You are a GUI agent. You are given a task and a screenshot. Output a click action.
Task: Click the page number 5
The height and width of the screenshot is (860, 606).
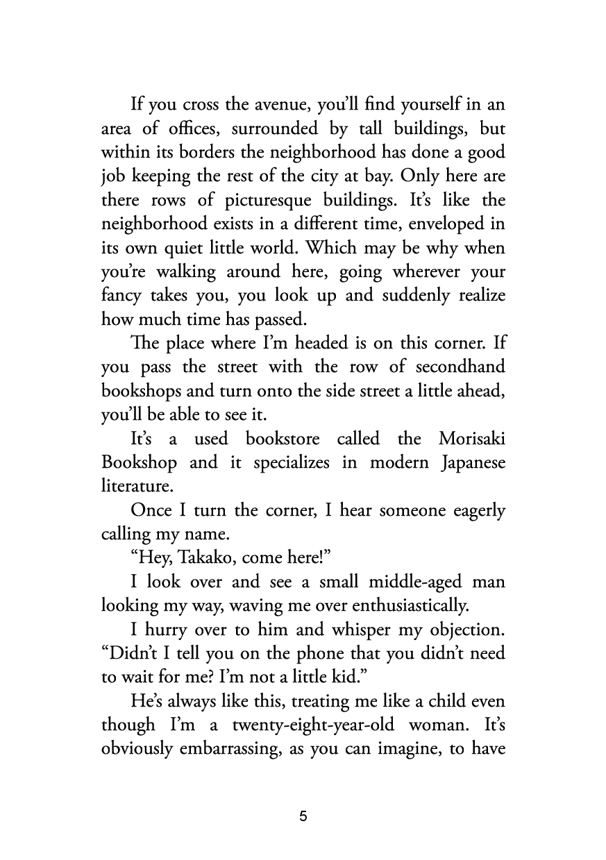point(303,817)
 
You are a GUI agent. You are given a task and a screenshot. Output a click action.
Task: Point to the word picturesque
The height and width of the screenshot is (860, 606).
point(258,201)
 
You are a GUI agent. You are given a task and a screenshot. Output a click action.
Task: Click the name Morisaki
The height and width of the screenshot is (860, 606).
point(471,439)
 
